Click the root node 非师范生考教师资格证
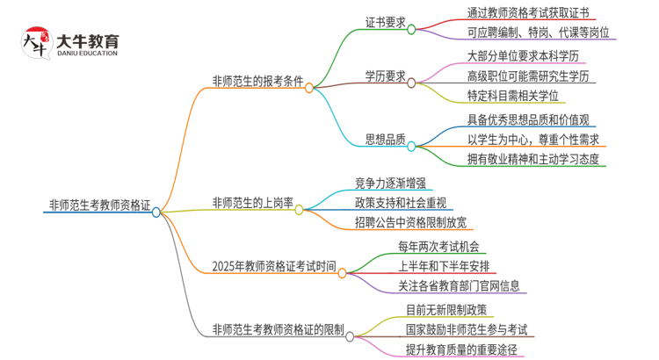pos(98,207)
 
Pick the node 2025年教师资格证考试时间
pos(273,265)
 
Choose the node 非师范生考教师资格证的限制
pos(279,330)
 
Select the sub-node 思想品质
pos(385,139)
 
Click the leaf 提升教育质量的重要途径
pos(460,349)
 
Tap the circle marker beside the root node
pos(156,212)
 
